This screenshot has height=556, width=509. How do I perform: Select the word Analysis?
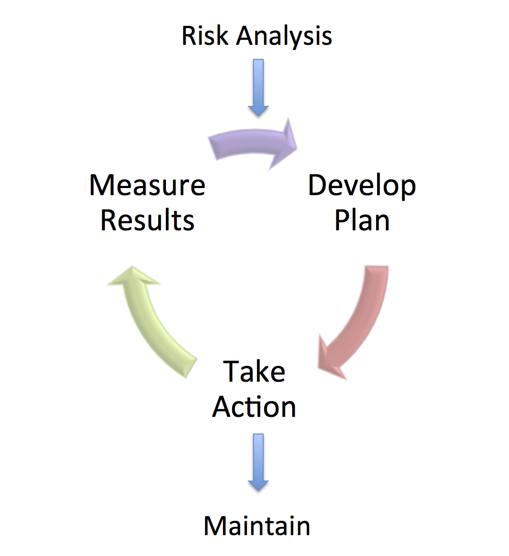(284, 37)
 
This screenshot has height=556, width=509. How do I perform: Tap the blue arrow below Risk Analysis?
(258, 88)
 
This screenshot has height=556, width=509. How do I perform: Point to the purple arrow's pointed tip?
(297, 148)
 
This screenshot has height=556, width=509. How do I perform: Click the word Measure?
(147, 185)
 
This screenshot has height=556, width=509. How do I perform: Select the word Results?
(147, 220)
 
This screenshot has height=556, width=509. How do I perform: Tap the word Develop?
(362, 186)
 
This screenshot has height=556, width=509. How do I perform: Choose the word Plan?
(362, 220)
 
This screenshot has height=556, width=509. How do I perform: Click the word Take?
(254, 371)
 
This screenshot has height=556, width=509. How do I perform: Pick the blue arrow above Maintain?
(258, 462)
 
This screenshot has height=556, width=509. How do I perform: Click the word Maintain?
(257, 525)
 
